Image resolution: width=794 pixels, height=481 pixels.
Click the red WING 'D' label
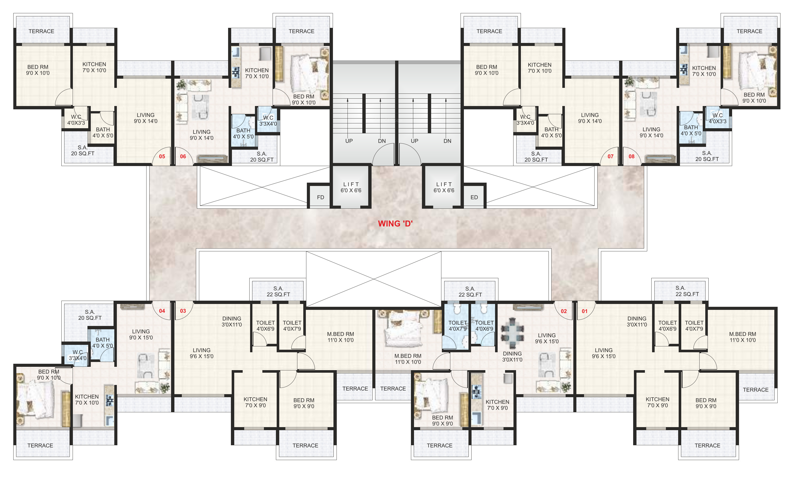click(395, 224)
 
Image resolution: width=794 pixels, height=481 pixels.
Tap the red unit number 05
click(162, 157)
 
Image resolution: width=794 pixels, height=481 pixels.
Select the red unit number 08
click(631, 157)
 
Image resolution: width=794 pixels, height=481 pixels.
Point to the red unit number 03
click(183, 311)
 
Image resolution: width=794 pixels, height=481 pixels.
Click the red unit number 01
click(585, 311)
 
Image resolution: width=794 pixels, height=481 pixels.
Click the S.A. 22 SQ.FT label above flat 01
click(687, 291)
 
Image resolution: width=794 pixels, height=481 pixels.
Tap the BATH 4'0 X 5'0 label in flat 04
click(103, 343)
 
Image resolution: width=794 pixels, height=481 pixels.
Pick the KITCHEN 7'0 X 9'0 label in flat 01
click(657, 402)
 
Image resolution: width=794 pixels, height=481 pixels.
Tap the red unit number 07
click(610, 157)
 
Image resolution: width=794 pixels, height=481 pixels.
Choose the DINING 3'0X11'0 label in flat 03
click(231, 322)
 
